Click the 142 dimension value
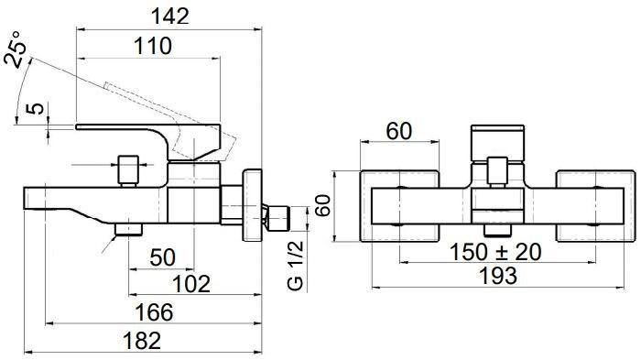170,16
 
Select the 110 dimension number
153,46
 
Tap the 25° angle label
16,49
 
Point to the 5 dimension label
35,109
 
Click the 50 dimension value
163,257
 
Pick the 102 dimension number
191,283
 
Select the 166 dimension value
154,312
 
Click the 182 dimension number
142,341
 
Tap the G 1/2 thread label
296,266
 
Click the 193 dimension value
498,276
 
